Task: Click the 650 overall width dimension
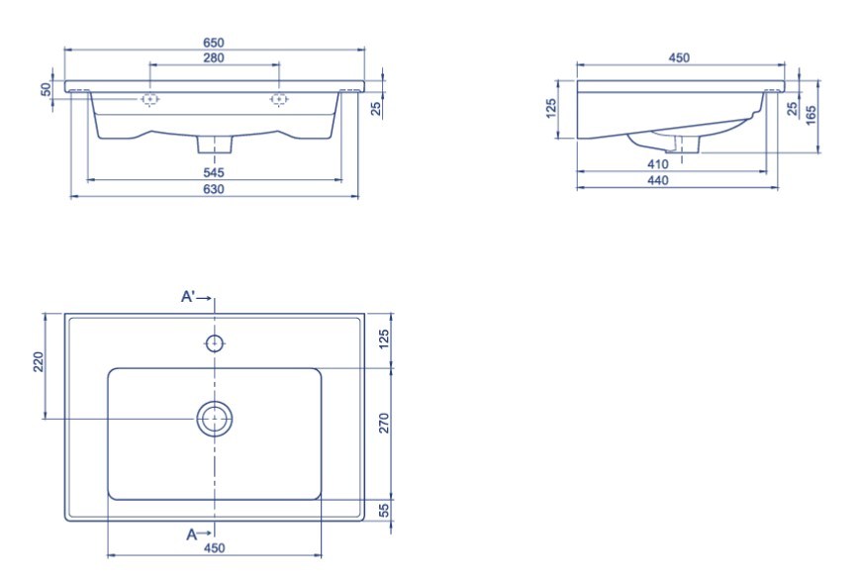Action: [214, 43]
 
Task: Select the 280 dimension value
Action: [214, 57]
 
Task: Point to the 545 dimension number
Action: [214, 172]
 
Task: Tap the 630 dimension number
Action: [214, 189]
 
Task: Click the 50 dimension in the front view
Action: [48, 89]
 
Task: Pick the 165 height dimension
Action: [812, 115]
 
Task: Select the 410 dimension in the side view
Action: [658, 163]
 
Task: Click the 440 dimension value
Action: [658, 180]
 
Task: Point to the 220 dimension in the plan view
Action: [39, 361]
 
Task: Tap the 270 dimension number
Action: [384, 423]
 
